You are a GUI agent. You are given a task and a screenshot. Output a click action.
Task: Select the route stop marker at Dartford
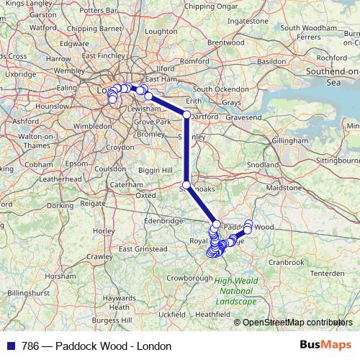click(186, 115)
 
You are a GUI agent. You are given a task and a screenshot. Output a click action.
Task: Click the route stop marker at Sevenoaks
click(186, 186)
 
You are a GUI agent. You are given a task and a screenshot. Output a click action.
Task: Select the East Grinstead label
click(143, 249)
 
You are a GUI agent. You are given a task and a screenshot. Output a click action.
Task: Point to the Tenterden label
click(328, 273)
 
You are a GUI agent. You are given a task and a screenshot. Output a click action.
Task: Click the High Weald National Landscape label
click(235, 291)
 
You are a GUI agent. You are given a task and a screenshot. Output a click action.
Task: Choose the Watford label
click(43, 27)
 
